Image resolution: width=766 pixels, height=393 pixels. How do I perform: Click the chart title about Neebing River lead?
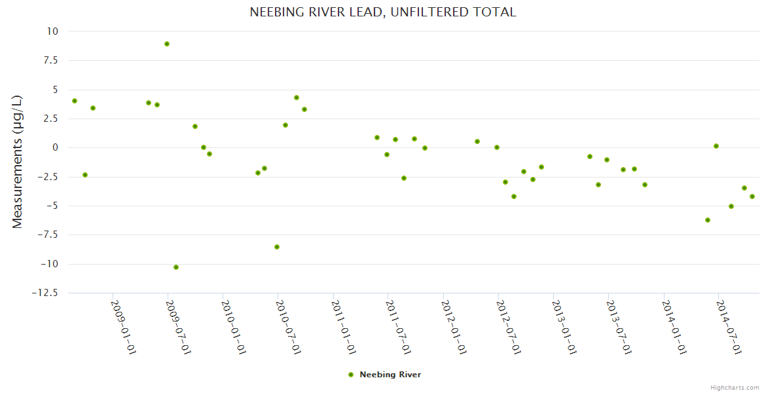(x=383, y=12)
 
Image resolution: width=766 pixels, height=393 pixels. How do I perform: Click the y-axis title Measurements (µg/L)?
(x=18, y=162)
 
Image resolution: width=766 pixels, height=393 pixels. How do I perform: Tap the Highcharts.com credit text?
(x=735, y=388)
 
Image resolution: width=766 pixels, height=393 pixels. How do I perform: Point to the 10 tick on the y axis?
(x=52, y=31)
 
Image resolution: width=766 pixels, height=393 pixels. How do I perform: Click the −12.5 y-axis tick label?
(x=45, y=293)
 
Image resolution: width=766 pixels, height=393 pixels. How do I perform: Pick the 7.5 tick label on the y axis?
(x=48, y=60)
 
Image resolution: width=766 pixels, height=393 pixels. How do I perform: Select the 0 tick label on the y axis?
(x=54, y=147)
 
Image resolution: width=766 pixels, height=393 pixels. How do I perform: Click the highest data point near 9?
(x=167, y=44)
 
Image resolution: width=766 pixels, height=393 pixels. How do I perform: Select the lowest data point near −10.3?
(x=176, y=267)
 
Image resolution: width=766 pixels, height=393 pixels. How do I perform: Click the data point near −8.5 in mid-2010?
(x=277, y=247)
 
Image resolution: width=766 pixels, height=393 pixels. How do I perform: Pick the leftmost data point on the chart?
(x=75, y=101)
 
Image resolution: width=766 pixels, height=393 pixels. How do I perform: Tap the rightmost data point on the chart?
(x=752, y=196)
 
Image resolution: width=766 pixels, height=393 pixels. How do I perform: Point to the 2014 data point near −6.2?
(x=708, y=220)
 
